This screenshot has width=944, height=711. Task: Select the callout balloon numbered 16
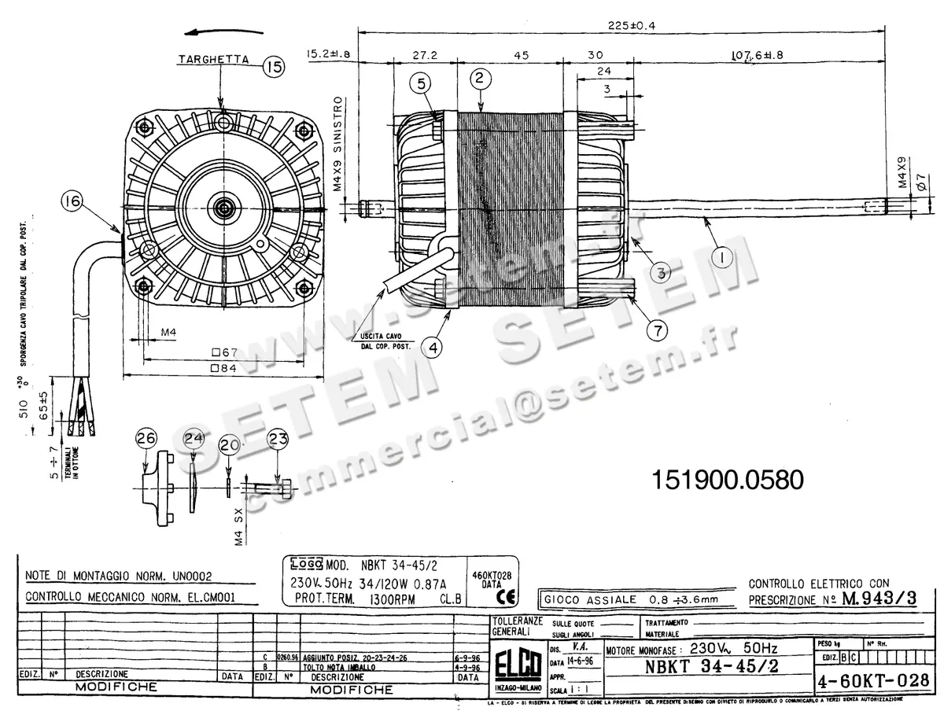(73, 203)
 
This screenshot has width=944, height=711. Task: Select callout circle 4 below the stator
(432, 344)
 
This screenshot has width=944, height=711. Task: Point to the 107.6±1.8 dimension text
(758, 56)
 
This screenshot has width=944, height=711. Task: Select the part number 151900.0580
(728, 480)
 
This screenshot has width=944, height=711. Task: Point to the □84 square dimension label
(224, 368)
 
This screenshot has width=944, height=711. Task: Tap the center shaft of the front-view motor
(224, 208)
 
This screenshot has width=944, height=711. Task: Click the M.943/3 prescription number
(879, 598)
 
